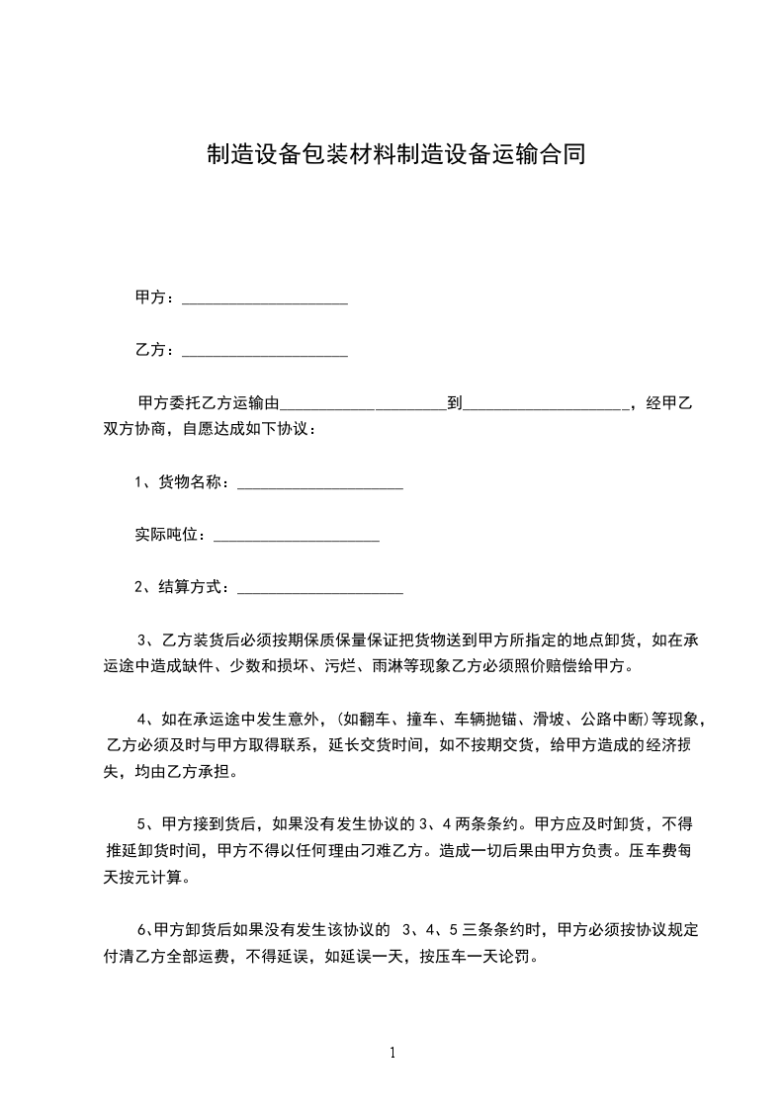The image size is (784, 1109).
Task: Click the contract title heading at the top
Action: coord(395,154)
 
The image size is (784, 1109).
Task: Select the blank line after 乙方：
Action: coord(265,353)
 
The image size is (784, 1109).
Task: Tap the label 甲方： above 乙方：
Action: coord(155,298)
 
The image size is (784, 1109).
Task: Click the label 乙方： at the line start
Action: coord(155,350)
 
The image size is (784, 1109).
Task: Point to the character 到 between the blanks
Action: coord(455,403)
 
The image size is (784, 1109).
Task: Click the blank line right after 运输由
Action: coord(365,405)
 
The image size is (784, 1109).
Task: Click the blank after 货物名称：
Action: coord(320,485)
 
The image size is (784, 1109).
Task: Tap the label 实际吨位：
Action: coord(172,535)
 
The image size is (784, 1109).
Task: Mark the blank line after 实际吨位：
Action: coord(297,538)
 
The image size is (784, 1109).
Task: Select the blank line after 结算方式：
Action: coord(320,590)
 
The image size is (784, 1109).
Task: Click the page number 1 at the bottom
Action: coord(392,1053)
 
